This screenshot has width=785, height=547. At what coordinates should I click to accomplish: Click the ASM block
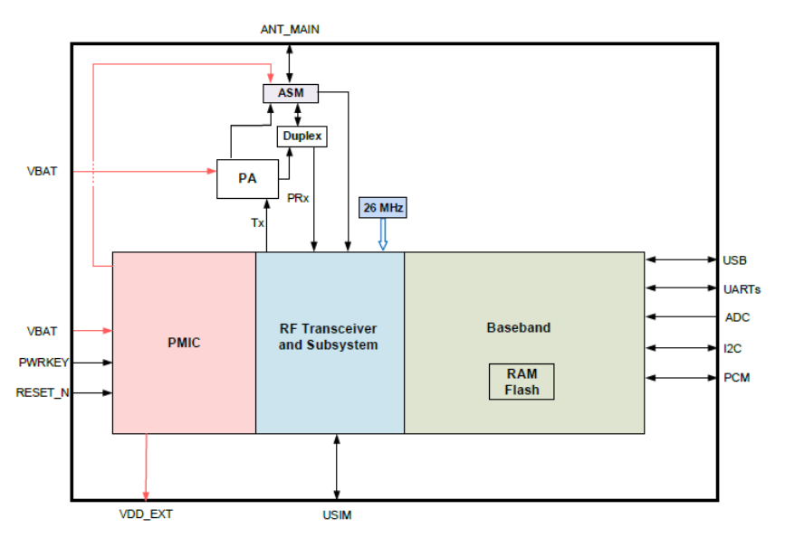(x=290, y=93)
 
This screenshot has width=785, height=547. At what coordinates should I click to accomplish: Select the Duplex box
(x=301, y=137)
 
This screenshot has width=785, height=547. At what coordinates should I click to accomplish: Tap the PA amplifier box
(x=247, y=179)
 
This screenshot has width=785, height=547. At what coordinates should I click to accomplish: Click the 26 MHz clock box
(x=383, y=208)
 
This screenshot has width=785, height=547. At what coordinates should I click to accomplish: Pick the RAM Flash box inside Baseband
(x=521, y=382)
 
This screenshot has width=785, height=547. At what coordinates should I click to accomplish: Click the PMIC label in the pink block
(x=183, y=343)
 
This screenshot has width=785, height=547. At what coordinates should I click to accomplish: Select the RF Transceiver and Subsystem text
(x=328, y=336)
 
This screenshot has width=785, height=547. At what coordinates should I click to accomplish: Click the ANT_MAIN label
(x=290, y=30)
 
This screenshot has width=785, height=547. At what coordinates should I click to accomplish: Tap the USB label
(x=734, y=260)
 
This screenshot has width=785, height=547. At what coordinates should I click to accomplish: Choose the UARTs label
(x=742, y=289)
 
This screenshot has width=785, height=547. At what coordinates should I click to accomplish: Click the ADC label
(x=736, y=317)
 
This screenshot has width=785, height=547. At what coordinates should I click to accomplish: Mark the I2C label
(x=733, y=347)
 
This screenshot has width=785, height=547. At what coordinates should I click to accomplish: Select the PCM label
(x=736, y=377)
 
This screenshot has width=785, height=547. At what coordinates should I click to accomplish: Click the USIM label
(x=337, y=515)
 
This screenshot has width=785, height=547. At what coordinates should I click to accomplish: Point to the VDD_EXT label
(x=146, y=515)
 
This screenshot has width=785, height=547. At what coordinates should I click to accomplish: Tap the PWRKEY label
(x=43, y=363)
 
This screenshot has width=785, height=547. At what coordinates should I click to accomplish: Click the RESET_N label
(x=43, y=392)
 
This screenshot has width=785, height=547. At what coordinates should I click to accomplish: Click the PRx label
(x=299, y=196)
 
